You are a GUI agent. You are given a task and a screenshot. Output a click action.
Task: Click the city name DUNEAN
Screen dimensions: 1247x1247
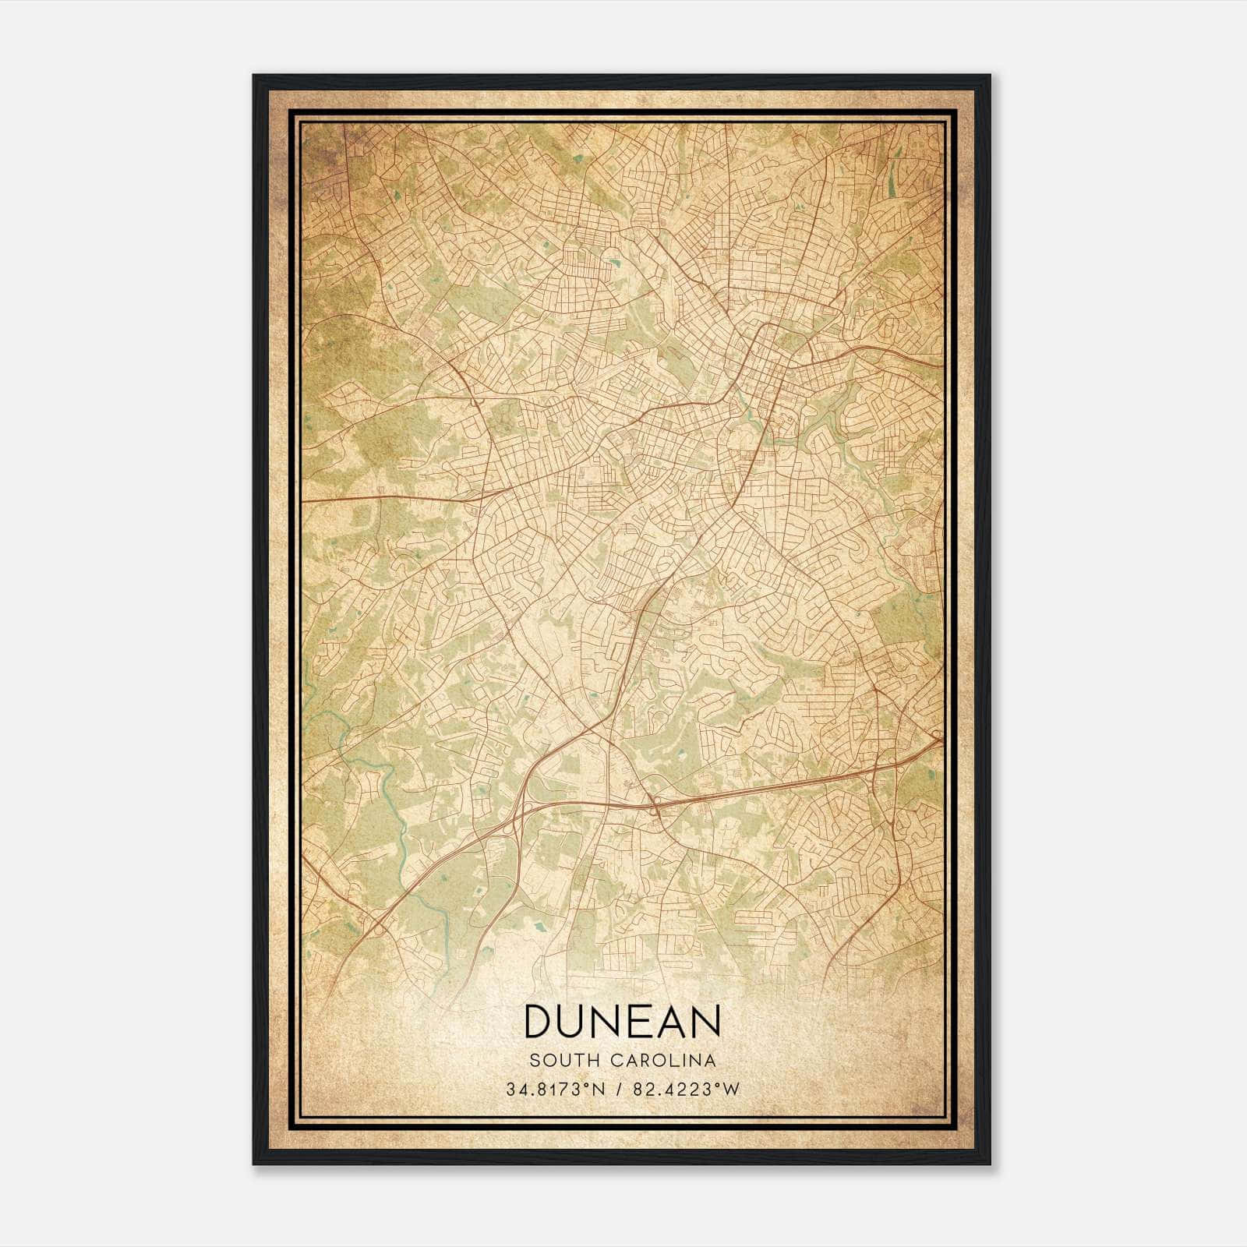click(x=622, y=1021)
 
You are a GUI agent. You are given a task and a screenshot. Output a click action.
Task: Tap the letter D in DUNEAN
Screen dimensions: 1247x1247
click(x=541, y=1021)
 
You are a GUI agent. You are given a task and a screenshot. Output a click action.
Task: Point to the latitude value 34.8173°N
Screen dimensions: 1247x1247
click(x=555, y=1090)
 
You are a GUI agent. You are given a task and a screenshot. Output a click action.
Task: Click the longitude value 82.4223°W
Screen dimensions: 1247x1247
click(x=684, y=1090)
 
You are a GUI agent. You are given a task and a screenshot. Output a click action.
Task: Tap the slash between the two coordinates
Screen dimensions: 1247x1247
click(x=619, y=1090)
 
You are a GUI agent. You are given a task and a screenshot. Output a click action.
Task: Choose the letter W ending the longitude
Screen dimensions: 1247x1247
click(x=731, y=1090)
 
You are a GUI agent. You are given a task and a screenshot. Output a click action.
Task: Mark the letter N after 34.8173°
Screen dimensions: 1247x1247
click(x=598, y=1090)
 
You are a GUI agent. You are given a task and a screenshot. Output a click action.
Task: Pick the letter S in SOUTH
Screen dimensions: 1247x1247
click(x=534, y=1060)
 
